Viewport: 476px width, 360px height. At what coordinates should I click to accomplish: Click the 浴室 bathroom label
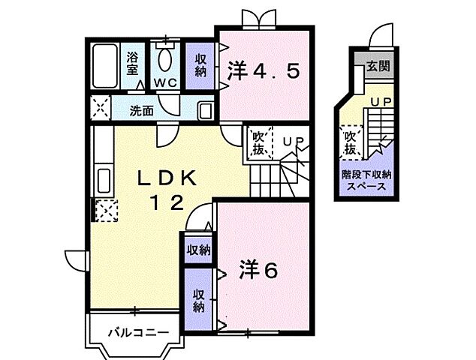point(133,63)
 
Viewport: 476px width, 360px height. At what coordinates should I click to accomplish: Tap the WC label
point(166,82)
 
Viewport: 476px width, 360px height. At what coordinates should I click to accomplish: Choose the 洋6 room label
point(259,268)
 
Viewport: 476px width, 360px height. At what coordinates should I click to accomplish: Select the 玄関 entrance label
point(378,67)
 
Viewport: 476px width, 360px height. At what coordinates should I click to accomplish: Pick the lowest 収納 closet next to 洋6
point(199,300)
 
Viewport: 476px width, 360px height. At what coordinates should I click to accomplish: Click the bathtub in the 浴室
point(104,67)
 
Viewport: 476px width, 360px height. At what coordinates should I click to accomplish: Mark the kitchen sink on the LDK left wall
point(103,181)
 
